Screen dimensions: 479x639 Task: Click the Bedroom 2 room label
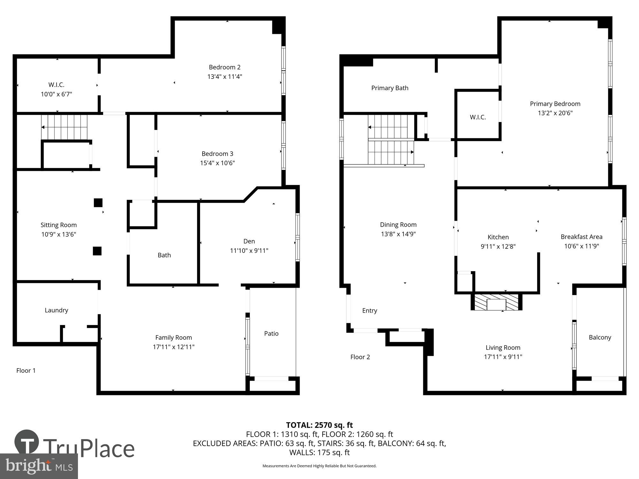point(224,67)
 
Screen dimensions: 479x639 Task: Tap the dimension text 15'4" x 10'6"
point(217,163)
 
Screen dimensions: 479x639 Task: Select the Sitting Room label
point(58,225)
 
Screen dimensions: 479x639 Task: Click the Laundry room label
point(56,310)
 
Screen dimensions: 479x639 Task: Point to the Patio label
point(271,333)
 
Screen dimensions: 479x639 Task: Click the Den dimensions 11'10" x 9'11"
point(249,251)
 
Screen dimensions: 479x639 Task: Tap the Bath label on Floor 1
point(164,255)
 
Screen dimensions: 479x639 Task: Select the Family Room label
point(173,338)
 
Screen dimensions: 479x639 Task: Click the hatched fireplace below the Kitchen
point(496,302)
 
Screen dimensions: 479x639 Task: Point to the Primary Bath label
point(389,88)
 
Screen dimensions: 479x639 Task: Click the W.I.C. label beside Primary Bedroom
point(478,117)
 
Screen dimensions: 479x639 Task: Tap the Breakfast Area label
point(581,237)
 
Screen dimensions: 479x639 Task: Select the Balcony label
point(600,337)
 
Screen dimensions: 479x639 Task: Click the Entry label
point(369,310)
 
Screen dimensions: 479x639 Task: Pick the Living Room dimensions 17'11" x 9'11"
point(503,357)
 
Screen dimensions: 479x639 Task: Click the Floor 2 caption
point(360,357)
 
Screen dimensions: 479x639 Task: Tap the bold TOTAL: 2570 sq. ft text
point(319,425)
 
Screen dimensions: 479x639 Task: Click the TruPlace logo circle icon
point(27,442)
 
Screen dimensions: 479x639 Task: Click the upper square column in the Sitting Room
point(98,203)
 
